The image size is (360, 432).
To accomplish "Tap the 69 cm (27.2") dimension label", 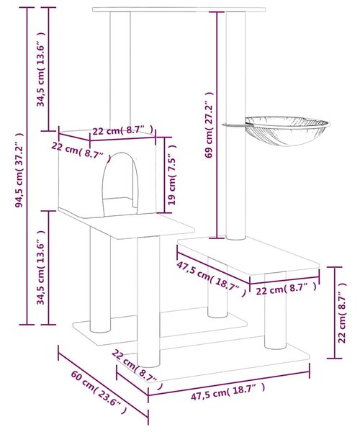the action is click(209, 125).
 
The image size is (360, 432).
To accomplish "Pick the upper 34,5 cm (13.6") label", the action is click(41, 69).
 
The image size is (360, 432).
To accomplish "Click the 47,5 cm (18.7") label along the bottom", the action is click(228, 392).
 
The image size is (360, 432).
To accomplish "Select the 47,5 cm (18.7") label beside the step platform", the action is click(211, 279).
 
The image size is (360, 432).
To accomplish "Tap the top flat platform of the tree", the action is click(179, 9).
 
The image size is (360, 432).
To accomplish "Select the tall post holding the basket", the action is click(235, 125).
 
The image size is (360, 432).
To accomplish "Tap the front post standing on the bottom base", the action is click(148, 302).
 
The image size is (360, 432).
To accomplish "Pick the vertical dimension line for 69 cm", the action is click(217, 125).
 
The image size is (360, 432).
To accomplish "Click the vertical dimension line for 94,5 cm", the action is click(27, 166).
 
